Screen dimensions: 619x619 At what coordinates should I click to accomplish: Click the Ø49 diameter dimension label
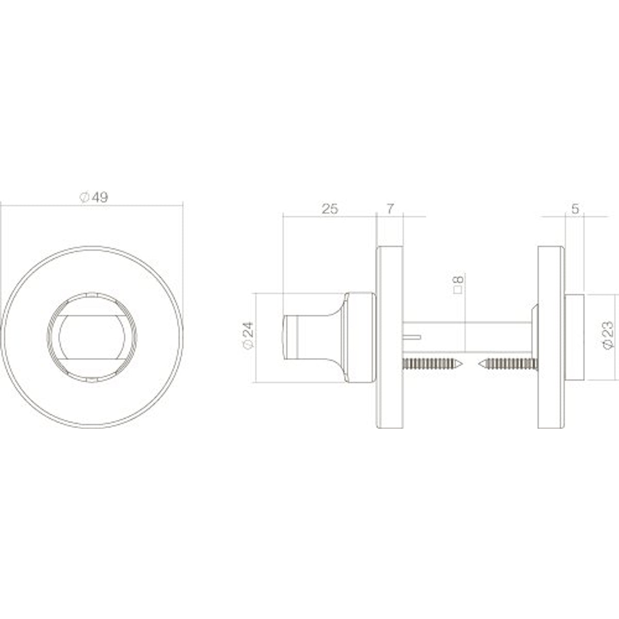94,198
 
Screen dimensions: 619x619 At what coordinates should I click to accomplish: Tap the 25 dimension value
330,209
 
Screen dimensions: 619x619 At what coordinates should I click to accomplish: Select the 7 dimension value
389,209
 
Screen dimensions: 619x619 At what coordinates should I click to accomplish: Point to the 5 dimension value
575,209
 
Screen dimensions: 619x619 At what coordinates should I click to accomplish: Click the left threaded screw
432,364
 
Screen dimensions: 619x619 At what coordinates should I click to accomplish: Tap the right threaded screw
508,364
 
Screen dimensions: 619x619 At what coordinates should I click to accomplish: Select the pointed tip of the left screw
462,364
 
